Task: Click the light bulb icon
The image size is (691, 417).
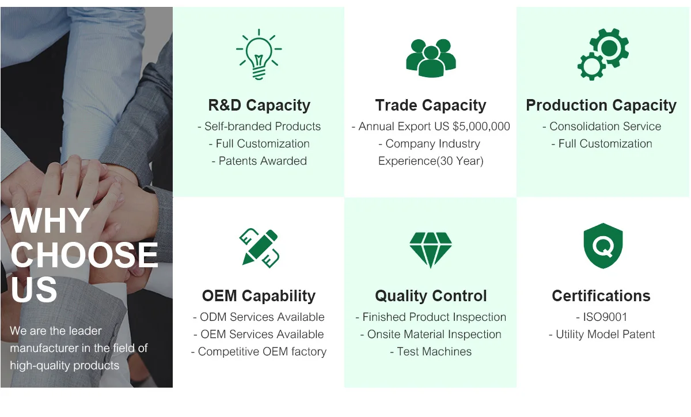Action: pyautogui.click(x=259, y=54)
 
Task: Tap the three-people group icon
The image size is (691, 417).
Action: pyautogui.click(x=431, y=58)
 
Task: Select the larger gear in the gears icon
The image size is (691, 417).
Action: pyautogui.click(x=609, y=48)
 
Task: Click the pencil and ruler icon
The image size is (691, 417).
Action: pyautogui.click(x=259, y=248)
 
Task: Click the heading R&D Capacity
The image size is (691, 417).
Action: pyautogui.click(x=259, y=105)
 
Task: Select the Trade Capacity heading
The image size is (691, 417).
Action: pyautogui.click(x=431, y=105)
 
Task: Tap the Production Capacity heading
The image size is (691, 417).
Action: pyautogui.click(x=601, y=105)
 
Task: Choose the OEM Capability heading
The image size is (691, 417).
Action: pyautogui.click(x=259, y=295)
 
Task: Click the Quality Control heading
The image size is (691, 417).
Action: pyautogui.click(x=431, y=295)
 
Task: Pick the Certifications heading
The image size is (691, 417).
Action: pyautogui.click(x=601, y=295)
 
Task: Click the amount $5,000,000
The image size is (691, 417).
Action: pyautogui.click(x=481, y=127)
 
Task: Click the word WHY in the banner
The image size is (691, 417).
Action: pyautogui.click(x=50, y=221)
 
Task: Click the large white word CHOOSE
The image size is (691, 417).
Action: pyautogui.click(x=84, y=255)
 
